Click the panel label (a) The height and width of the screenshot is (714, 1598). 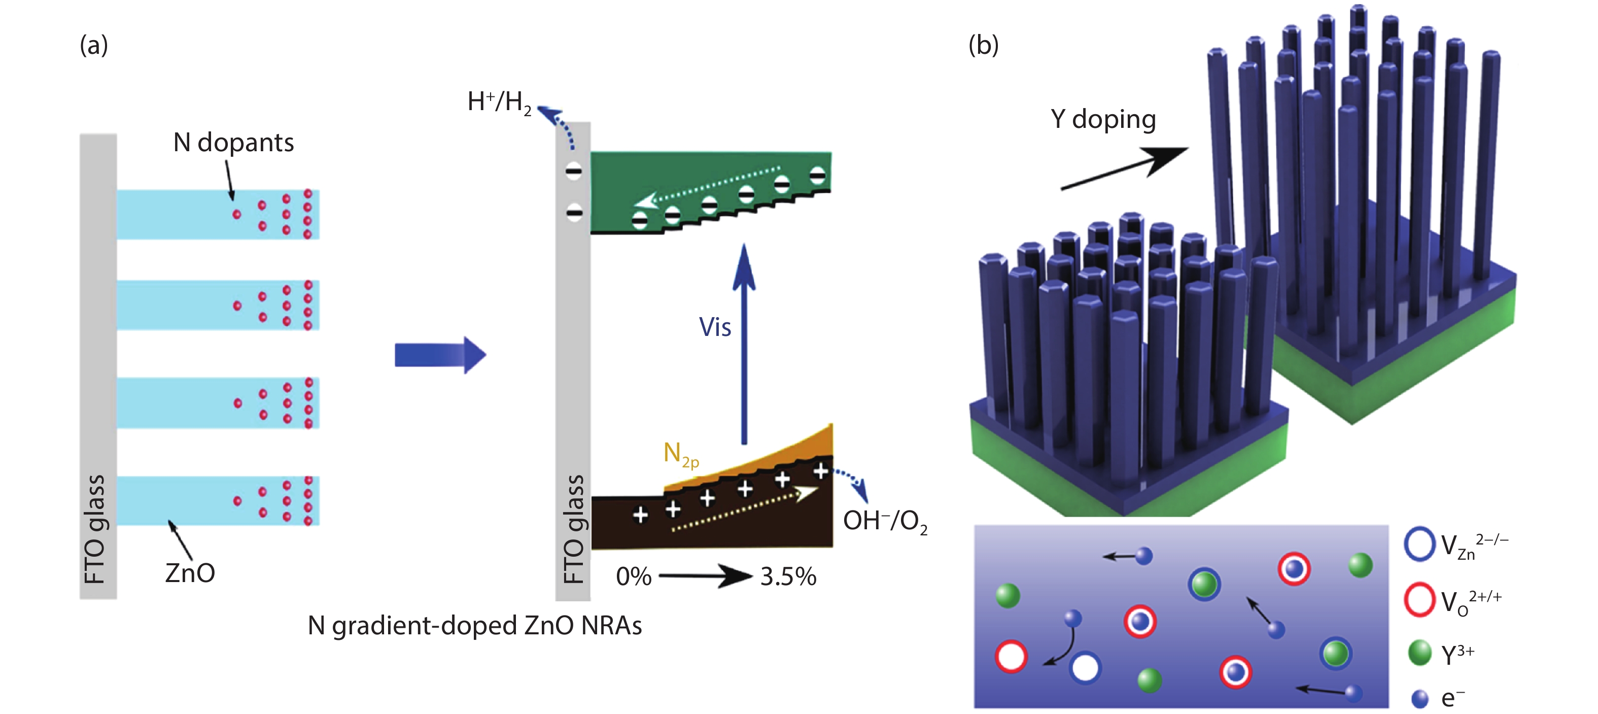pyautogui.click(x=94, y=45)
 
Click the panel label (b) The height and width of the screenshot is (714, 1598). pyautogui.click(x=983, y=45)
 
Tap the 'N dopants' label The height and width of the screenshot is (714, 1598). pyautogui.click(x=233, y=143)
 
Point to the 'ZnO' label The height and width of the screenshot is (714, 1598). pyautogui.click(x=190, y=572)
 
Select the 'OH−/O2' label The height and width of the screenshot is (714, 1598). pyautogui.click(x=885, y=521)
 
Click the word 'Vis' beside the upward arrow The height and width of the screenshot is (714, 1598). pyautogui.click(x=715, y=327)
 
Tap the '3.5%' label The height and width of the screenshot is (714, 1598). pyautogui.click(x=788, y=577)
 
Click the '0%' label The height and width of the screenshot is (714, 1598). pyautogui.click(x=634, y=577)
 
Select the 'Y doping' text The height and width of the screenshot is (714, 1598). pyautogui.click(x=1103, y=119)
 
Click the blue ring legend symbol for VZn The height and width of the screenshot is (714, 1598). pyautogui.click(x=1419, y=544)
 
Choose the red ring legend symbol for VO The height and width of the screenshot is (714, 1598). pyautogui.click(x=1419, y=599)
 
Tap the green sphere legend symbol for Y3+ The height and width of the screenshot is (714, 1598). pyautogui.click(x=1419, y=653)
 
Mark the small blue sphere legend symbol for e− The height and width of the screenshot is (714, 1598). pyautogui.click(x=1419, y=698)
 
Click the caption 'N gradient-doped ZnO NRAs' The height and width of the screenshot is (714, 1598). pyautogui.click(x=474, y=625)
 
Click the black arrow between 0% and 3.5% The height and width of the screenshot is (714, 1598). pyautogui.click(x=705, y=575)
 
